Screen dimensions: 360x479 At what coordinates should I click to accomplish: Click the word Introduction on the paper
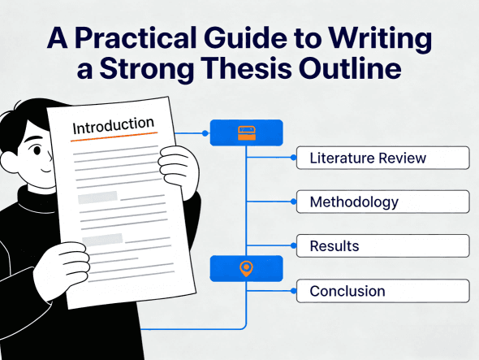point(113,127)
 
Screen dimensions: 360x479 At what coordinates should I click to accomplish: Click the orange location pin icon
point(246,267)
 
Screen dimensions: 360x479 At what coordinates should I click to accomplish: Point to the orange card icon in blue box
point(246,132)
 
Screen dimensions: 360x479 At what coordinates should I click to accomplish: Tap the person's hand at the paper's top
point(179,166)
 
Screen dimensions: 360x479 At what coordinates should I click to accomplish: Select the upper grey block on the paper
point(97,197)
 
